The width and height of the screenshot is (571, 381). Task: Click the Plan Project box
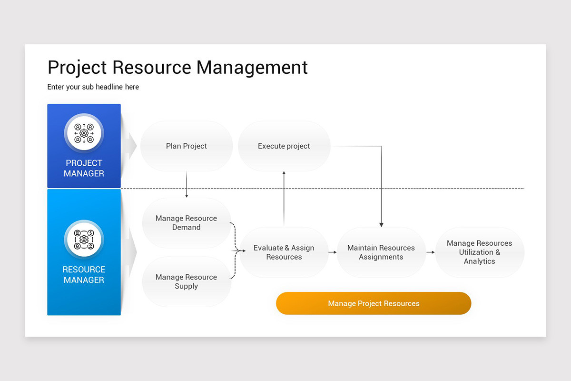(x=187, y=146)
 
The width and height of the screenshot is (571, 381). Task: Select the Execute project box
(x=284, y=146)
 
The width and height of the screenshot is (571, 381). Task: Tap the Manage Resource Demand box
(x=187, y=223)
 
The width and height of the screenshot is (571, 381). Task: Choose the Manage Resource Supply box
(x=187, y=281)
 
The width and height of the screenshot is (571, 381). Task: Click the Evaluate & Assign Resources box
(x=284, y=252)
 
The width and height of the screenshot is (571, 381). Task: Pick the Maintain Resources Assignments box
(x=381, y=252)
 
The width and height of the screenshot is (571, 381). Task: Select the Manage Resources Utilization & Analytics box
(x=480, y=252)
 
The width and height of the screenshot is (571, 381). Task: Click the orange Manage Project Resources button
(x=374, y=303)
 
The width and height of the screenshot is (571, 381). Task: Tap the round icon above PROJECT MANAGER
(x=84, y=133)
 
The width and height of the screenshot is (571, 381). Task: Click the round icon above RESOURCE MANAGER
(x=84, y=240)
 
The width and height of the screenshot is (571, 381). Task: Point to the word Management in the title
(x=252, y=68)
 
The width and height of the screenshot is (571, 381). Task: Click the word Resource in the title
(x=152, y=67)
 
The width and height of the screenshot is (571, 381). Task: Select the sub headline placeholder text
(x=93, y=87)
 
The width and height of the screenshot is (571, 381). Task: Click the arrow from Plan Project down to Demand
(x=187, y=184)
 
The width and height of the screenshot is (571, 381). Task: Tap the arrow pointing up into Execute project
(x=284, y=199)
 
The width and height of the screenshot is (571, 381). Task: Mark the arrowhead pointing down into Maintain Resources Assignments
(x=381, y=225)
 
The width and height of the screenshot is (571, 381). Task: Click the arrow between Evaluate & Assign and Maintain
(x=333, y=252)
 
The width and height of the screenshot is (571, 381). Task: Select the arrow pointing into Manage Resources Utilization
(x=431, y=252)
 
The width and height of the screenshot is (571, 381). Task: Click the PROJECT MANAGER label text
(x=84, y=168)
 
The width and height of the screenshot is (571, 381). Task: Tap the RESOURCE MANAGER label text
(x=84, y=275)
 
